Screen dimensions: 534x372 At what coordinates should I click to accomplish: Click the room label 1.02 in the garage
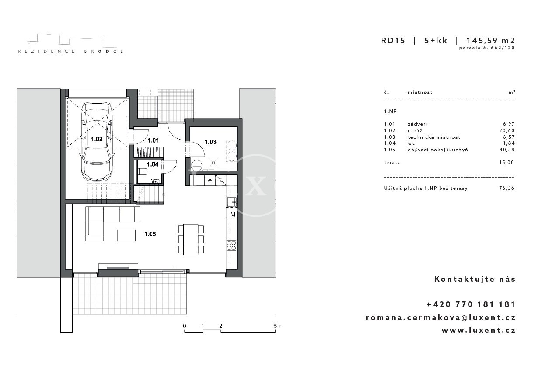pyautogui.click(x=96, y=139)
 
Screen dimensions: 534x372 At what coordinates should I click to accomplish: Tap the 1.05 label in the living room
pyautogui.click(x=150, y=234)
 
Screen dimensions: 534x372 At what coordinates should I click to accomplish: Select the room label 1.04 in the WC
pyautogui.click(x=152, y=164)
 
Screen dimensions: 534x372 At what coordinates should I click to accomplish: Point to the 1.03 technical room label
pyautogui.click(x=210, y=142)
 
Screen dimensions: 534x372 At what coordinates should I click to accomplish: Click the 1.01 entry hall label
pyautogui.click(x=153, y=140)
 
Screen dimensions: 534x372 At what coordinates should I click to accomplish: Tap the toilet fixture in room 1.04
pyautogui.click(x=142, y=172)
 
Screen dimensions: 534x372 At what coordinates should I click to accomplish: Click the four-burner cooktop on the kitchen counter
pyautogui.click(x=231, y=246)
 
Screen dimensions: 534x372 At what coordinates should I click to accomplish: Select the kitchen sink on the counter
pyautogui.click(x=231, y=202)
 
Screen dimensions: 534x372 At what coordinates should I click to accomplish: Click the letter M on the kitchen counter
pyautogui.click(x=233, y=215)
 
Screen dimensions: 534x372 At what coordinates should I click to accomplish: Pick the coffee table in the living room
pyautogui.click(x=127, y=235)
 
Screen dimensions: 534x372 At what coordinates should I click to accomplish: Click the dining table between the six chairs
pyautogui.click(x=191, y=239)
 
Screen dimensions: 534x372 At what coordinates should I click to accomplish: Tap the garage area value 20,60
pyautogui.click(x=507, y=130)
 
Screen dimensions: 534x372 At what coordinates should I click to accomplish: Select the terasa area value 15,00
pyautogui.click(x=507, y=162)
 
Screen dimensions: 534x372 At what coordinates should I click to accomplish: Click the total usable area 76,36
pyautogui.click(x=507, y=188)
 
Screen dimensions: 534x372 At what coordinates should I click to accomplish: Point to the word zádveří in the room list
pyautogui.click(x=418, y=124)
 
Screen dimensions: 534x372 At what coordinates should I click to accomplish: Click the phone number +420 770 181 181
pyautogui.click(x=471, y=304)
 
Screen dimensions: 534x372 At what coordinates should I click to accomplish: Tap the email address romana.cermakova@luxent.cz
pyautogui.click(x=441, y=317)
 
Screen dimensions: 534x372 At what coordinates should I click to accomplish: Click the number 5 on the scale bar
pyautogui.click(x=276, y=326)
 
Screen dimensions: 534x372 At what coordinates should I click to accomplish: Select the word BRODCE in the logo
pyautogui.click(x=104, y=51)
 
